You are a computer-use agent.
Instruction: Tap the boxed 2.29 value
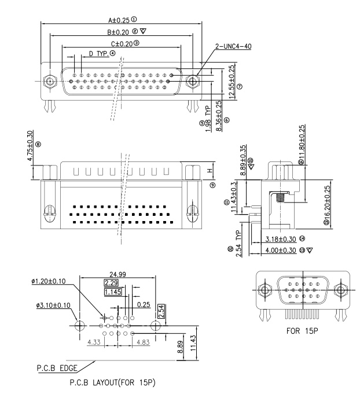point(111,282)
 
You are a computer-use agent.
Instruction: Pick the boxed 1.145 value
point(113,292)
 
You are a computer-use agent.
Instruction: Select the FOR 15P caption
point(300,333)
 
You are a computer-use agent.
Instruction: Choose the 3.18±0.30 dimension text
point(281,238)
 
